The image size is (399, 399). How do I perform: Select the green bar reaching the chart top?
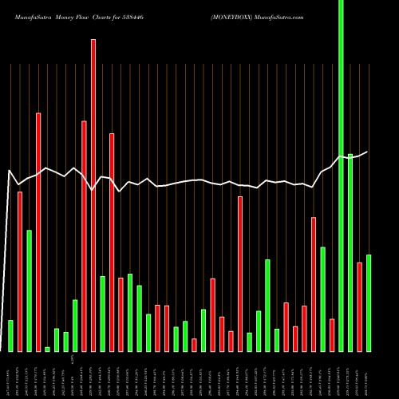coord(342,176)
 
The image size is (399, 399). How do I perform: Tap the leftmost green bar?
coord(10,335)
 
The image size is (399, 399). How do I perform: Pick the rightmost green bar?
coord(369,303)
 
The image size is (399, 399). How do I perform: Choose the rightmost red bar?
coord(360,306)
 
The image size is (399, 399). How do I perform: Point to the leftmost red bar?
coord(20,271)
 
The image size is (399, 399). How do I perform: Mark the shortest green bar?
coord(47,349)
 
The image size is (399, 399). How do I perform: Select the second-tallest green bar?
coord(350,252)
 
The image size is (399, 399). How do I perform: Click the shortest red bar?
coord(194,345)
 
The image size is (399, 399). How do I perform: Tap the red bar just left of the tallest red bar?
coord(84,236)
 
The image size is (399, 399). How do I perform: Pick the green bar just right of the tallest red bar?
coord(102,314)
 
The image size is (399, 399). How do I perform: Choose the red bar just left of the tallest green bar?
coord(332,335)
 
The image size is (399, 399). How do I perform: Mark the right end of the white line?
coord(368,152)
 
